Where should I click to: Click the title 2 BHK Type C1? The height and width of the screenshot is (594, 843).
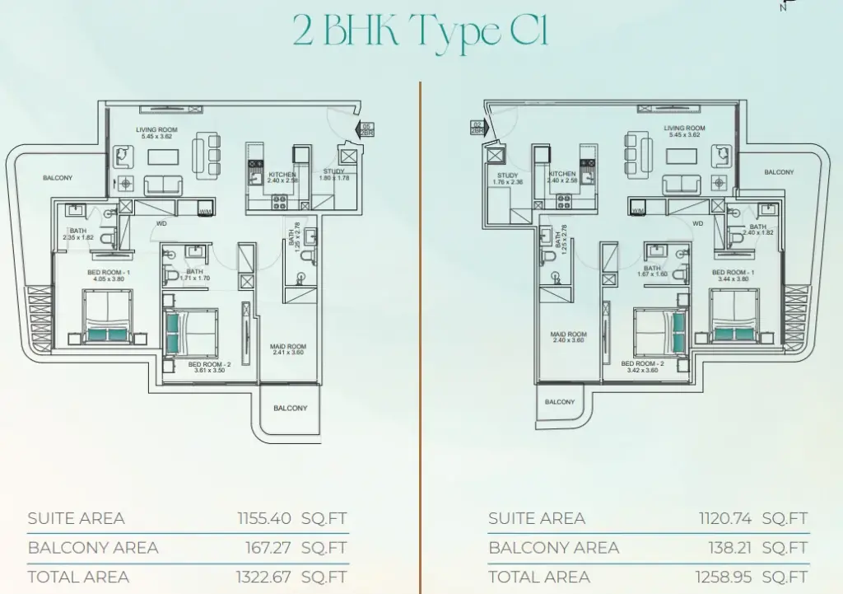(420, 33)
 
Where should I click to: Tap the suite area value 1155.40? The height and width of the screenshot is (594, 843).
(263, 518)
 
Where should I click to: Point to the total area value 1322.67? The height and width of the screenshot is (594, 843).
(263, 577)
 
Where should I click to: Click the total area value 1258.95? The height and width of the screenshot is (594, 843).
(724, 577)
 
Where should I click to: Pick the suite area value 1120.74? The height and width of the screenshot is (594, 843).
(724, 518)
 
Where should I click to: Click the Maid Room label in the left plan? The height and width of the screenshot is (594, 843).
(288, 347)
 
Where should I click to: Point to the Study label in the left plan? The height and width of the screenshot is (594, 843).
(333, 171)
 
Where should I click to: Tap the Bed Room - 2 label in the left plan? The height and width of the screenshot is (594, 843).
(209, 364)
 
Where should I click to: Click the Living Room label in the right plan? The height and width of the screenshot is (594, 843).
(684, 129)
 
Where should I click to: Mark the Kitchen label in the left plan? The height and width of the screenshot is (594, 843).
(282, 175)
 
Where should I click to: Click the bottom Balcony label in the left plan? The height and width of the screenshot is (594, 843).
(290, 408)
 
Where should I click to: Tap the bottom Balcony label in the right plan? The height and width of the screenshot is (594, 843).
(560, 401)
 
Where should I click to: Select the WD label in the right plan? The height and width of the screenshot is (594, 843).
(698, 222)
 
